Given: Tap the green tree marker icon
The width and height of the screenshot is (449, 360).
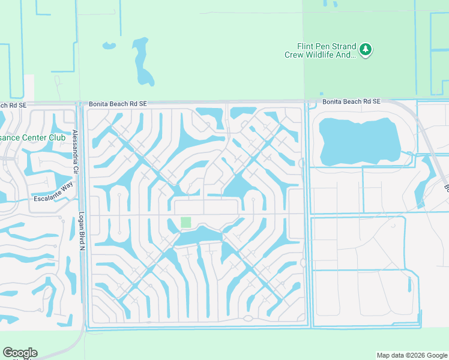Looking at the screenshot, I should tap(366, 49).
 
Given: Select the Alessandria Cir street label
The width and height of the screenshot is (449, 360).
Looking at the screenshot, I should tap(75, 152).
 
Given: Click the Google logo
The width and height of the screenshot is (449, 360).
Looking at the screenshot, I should tap(20, 353).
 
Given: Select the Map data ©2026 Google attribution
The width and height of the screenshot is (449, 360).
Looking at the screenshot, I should tap(411, 355).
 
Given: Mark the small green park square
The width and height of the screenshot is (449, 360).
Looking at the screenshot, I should tap(186, 222).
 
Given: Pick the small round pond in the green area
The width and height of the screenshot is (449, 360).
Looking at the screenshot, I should tap(109, 46).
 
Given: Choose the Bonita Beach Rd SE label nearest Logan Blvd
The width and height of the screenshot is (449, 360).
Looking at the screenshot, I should tap(118, 104).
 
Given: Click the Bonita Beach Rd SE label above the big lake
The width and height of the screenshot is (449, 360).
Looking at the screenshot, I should tap(351, 102).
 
